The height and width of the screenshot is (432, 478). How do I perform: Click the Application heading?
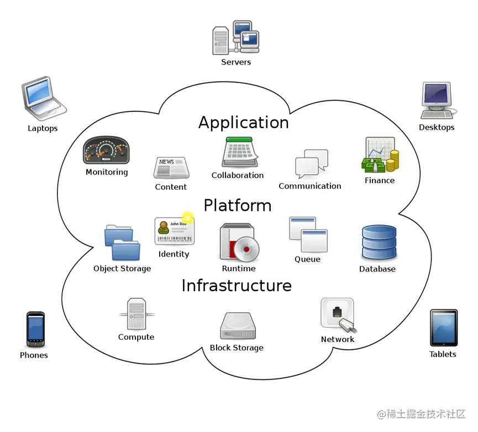pyautogui.click(x=243, y=122)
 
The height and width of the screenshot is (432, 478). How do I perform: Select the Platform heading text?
pyautogui.click(x=237, y=205)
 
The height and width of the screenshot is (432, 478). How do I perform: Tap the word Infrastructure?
pyautogui.click(x=237, y=285)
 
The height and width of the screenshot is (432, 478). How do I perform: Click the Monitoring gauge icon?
pyautogui.click(x=106, y=150)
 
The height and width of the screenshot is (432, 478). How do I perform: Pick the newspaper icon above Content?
pyautogui.click(x=171, y=168)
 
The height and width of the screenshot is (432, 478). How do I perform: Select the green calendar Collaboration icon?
pyautogui.click(x=240, y=153)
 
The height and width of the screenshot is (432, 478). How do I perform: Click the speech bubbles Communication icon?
pyautogui.click(x=311, y=163)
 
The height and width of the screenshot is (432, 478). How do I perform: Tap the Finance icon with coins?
pyautogui.click(x=381, y=155)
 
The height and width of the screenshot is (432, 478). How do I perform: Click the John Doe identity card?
pyautogui.click(x=174, y=231)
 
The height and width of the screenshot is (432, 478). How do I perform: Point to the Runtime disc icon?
pyautogui.click(x=238, y=243)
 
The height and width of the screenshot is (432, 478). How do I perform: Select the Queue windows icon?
pyautogui.click(x=308, y=235)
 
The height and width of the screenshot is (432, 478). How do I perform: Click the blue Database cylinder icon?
pyautogui.click(x=379, y=242)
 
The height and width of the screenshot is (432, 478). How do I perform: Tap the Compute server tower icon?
pyautogui.click(x=135, y=314)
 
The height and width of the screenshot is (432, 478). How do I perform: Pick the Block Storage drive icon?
pyautogui.click(x=238, y=326)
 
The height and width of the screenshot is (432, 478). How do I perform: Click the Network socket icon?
pyautogui.click(x=338, y=315)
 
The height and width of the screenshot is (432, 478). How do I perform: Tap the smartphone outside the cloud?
pyautogui.click(x=35, y=329)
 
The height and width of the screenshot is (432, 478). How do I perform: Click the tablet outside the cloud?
pyautogui.click(x=443, y=328)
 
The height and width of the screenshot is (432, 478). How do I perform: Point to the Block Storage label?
pyautogui.click(x=237, y=348)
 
